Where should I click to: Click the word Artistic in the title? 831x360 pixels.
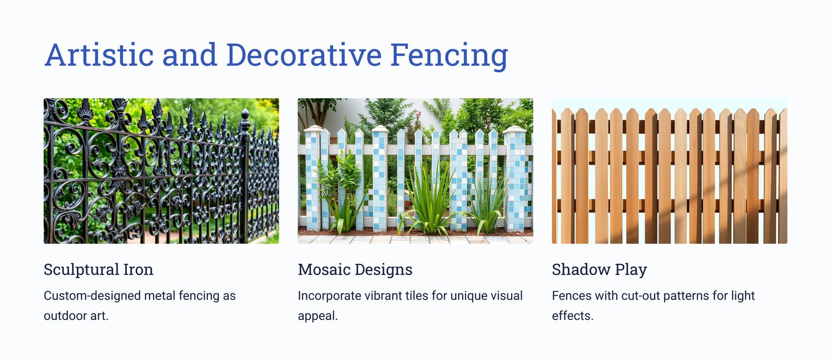click(99, 55)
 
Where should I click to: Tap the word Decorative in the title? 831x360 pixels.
click(304, 55)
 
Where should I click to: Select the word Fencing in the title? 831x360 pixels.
click(449, 56)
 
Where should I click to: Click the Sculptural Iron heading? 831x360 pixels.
click(98, 270)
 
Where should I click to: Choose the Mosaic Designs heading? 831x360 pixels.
click(355, 270)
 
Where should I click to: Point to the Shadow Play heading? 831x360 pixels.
click(599, 270)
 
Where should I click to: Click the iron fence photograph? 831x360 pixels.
click(162, 171)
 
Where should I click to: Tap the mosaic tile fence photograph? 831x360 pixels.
click(415, 171)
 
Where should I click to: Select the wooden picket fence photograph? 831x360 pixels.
click(669, 171)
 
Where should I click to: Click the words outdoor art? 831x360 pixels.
click(76, 316)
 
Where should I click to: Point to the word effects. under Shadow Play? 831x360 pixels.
click(573, 316)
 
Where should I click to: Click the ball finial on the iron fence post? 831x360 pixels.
click(245, 113)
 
